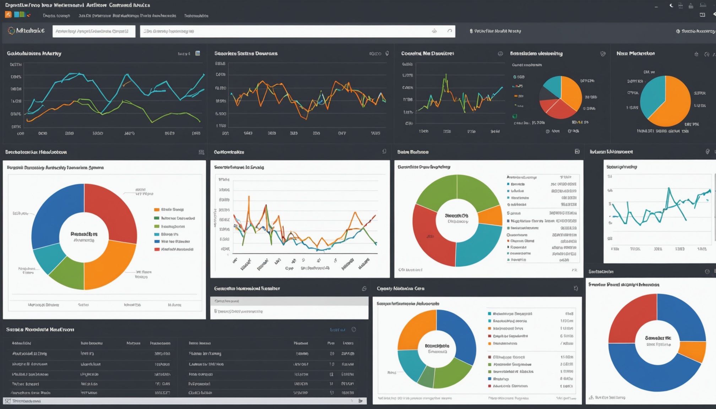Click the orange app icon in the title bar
coord(8,15)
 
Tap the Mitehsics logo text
coord(30,31)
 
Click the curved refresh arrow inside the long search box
coord(450,31)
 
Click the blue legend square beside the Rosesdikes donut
coord(157,241)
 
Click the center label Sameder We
coord(658,338)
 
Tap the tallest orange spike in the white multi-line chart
coord(249,197)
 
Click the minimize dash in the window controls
coord(656,6)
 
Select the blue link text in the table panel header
coord(337,330)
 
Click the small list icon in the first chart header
coord(198,53)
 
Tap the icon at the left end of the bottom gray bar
coord(8,401)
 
